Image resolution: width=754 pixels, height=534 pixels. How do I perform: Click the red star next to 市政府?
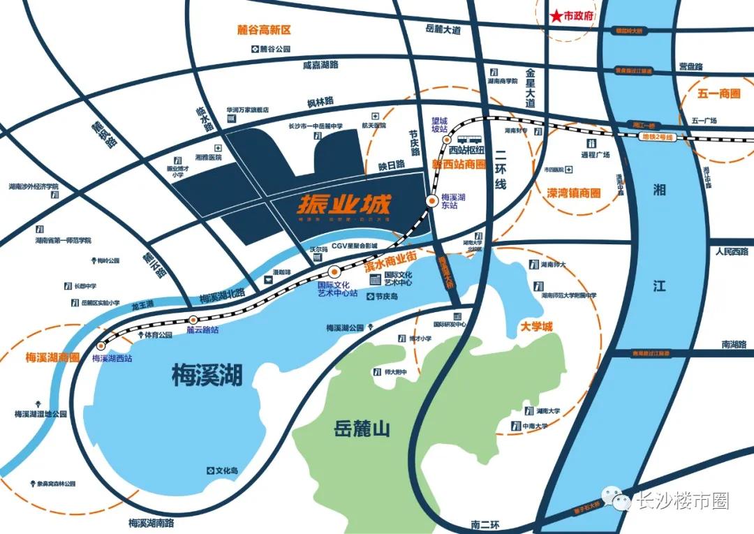click(556, 16)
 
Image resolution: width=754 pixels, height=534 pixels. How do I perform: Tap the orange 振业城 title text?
click(343, 205)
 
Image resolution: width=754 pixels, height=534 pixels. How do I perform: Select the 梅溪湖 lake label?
click(207, 378)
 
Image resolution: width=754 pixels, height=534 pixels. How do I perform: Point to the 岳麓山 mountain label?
click(362, 429)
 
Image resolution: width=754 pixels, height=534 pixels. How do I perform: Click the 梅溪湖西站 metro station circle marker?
click(103, 346)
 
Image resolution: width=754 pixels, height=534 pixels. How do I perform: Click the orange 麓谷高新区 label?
click(263, 31)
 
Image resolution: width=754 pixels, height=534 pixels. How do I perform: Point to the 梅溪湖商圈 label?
click(50, 357)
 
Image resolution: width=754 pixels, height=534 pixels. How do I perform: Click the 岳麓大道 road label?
click(443, 30)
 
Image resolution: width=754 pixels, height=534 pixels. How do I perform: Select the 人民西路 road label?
click(730, 251)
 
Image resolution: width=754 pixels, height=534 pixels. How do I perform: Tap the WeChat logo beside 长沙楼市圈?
click(617, 501)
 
